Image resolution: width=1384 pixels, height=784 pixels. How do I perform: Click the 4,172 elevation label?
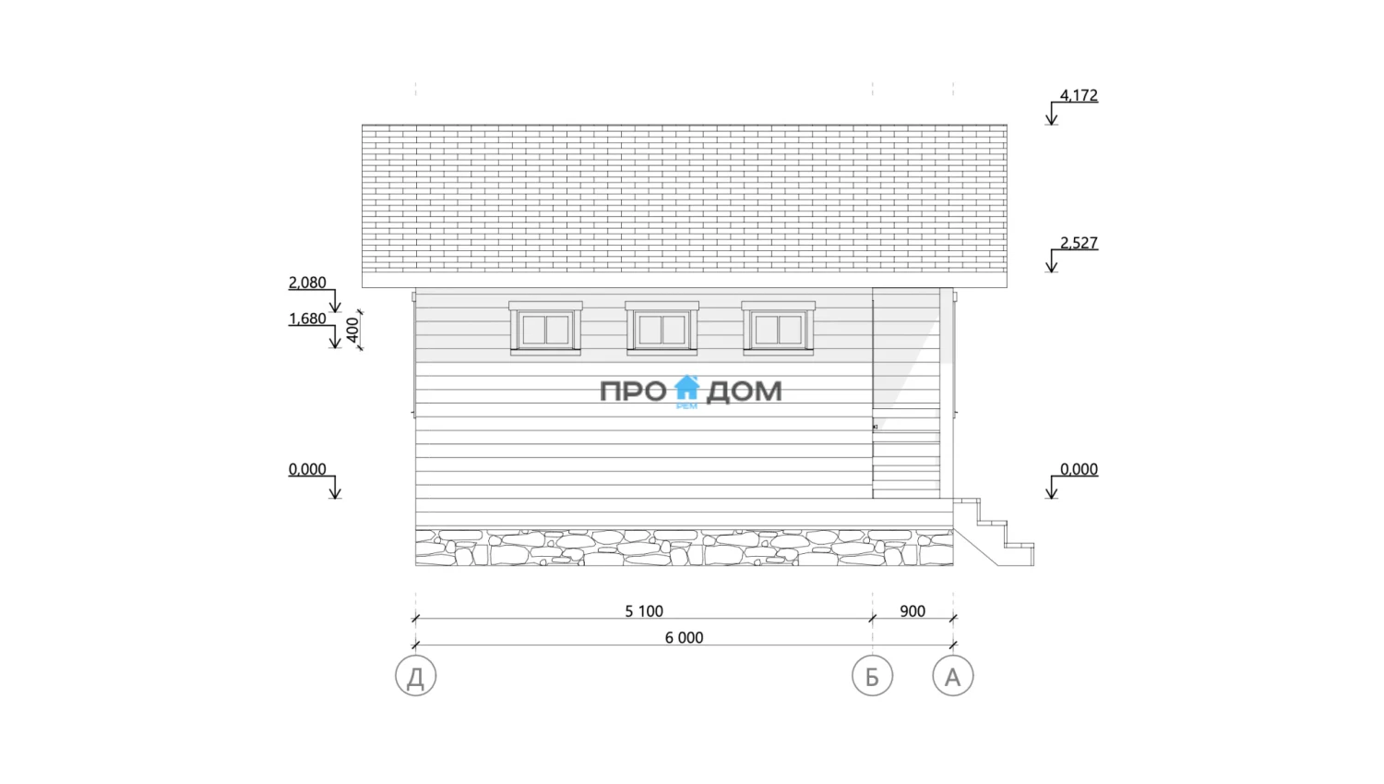point(1079,95)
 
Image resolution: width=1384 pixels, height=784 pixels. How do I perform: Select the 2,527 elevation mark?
point(1079,243)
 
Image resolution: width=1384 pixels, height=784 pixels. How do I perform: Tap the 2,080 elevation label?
point(307,283)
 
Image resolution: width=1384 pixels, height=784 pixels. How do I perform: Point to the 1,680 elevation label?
point(307,319)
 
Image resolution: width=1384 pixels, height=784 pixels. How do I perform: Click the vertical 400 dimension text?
point(352,331)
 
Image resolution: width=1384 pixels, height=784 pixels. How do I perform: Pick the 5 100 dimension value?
point(644,611)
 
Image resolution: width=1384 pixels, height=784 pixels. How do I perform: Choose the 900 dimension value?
point(913,611)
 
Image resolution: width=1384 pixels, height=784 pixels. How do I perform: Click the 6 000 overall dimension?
point(684,637)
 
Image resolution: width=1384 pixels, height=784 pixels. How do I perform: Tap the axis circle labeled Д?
point(416,676)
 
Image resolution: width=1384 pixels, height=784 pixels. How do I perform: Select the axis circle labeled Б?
point(873,676)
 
